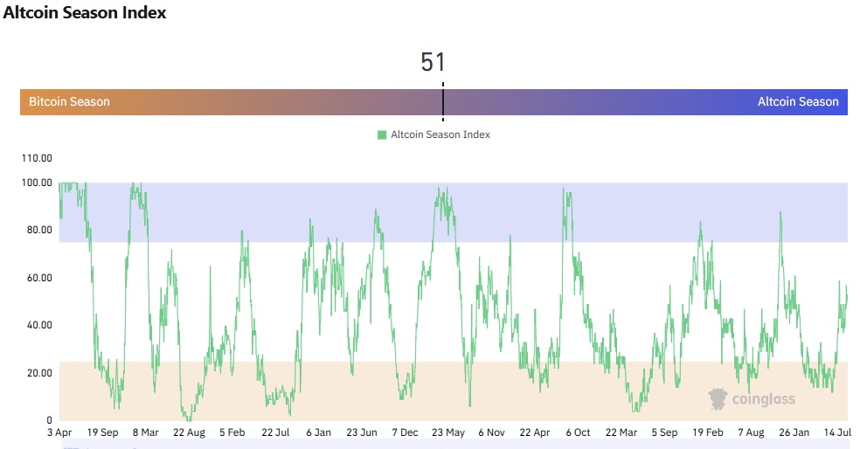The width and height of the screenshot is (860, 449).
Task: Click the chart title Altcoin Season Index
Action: (x=85, y=13)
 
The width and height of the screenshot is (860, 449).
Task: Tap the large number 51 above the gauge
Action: (x=433, y=62)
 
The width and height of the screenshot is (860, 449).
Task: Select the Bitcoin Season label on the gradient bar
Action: (x=69, y=102)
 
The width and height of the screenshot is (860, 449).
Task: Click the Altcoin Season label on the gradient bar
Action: (x=798, y=102)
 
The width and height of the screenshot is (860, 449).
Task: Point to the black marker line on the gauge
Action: (x=443, y=102)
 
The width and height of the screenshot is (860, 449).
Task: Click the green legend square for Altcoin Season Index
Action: (x=382, y=135)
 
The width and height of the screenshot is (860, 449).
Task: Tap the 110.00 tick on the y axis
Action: (x=36, y=159)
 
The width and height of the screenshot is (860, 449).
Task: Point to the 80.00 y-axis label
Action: (x=36, y=231)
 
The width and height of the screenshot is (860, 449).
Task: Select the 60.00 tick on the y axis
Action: (x=36, y=278)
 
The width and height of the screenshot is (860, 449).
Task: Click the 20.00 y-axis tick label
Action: (x=36, y=373)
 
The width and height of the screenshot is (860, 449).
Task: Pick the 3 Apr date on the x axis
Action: (x=59, y=432)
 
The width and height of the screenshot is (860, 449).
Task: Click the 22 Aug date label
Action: (x=188, y=432)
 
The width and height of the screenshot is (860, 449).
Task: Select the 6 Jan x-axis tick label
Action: (x=318, y=432)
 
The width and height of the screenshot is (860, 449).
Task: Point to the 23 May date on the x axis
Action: (x=447, y=432)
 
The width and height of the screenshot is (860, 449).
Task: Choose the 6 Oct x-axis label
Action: (x=577, y=432)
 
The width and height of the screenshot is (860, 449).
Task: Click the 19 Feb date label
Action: (x=708, y=432)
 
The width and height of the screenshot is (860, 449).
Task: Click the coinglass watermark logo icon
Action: (x=718, y=399)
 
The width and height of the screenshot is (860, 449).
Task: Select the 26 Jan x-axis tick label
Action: (x=794, y=432)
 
